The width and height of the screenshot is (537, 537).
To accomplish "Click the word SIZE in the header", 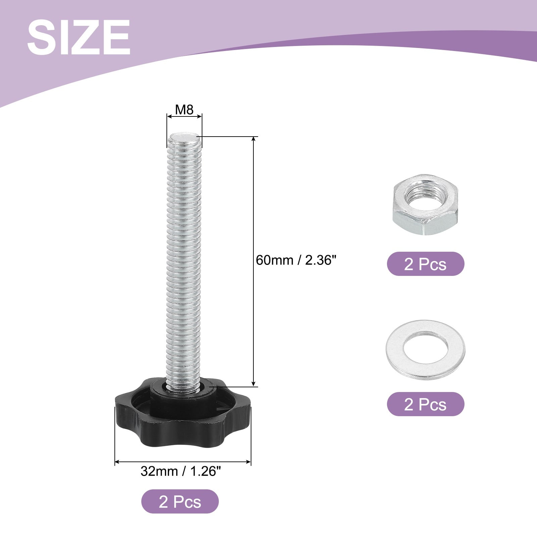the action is point(79,37).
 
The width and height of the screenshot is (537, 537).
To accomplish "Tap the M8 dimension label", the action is point(184,109).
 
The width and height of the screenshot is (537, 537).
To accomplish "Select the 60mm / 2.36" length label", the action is point(296,260).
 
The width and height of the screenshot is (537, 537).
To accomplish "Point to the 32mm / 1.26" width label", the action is point(181,471).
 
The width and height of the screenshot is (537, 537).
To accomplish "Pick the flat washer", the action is point(425,350).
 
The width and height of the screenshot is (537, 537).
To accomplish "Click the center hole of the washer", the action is point(425,349).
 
